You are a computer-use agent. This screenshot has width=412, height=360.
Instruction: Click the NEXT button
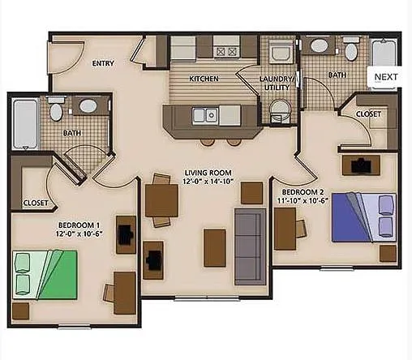point(386,77)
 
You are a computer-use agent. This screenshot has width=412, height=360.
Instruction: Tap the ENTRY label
point(103,63)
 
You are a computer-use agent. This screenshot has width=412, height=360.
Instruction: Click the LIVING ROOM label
point(208,173)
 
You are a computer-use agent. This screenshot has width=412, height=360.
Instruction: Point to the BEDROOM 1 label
point(79,225)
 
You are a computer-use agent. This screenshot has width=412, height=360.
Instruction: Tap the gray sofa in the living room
point(250,246)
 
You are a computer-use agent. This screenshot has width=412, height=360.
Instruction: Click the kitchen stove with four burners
point(226,50)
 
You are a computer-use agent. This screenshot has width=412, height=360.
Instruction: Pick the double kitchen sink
point(205,114)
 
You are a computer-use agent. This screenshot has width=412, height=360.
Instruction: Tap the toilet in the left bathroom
point(56,108)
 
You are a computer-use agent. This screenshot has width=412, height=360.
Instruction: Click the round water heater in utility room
point(281,109)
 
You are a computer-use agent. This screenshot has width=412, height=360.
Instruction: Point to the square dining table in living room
point(161,200)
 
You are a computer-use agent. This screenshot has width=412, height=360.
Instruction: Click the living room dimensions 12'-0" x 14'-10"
point(208,182)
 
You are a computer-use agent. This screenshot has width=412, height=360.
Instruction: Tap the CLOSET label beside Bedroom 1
point(35,203)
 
